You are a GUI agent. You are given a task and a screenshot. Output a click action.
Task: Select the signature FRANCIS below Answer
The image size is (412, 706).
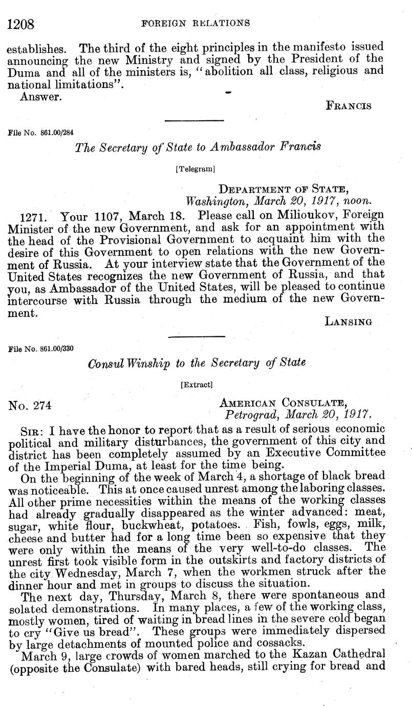pos(349,106)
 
